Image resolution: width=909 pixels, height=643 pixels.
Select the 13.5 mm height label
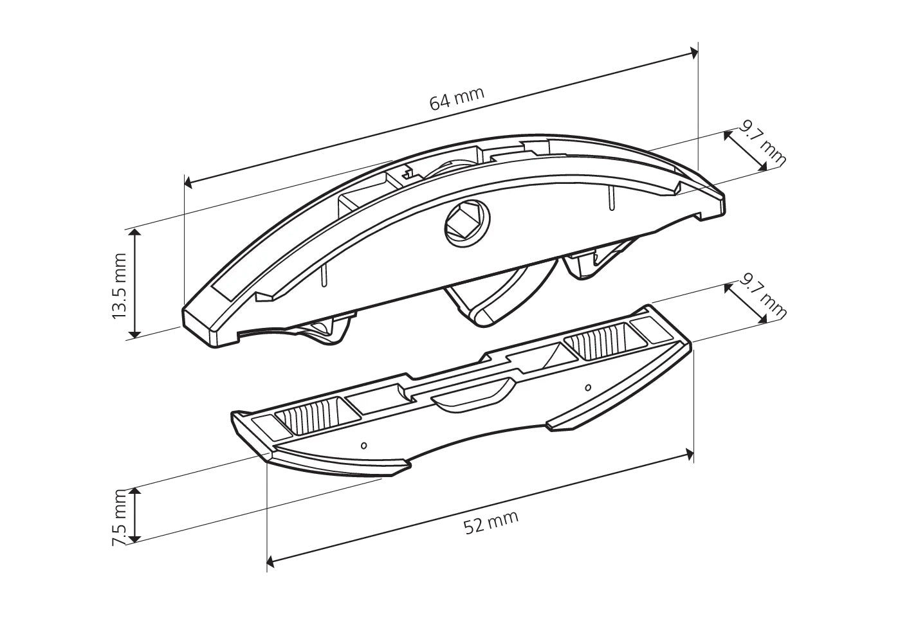coord(119,285)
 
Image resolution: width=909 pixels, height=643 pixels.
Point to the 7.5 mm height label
coord(120,517)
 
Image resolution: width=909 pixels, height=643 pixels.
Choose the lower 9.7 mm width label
coord(762,296)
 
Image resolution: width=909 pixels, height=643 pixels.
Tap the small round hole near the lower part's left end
coord(364,446)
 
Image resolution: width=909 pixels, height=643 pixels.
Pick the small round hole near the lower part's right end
coord(588,388)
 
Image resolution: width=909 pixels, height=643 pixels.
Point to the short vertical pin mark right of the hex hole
coord(612,199)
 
